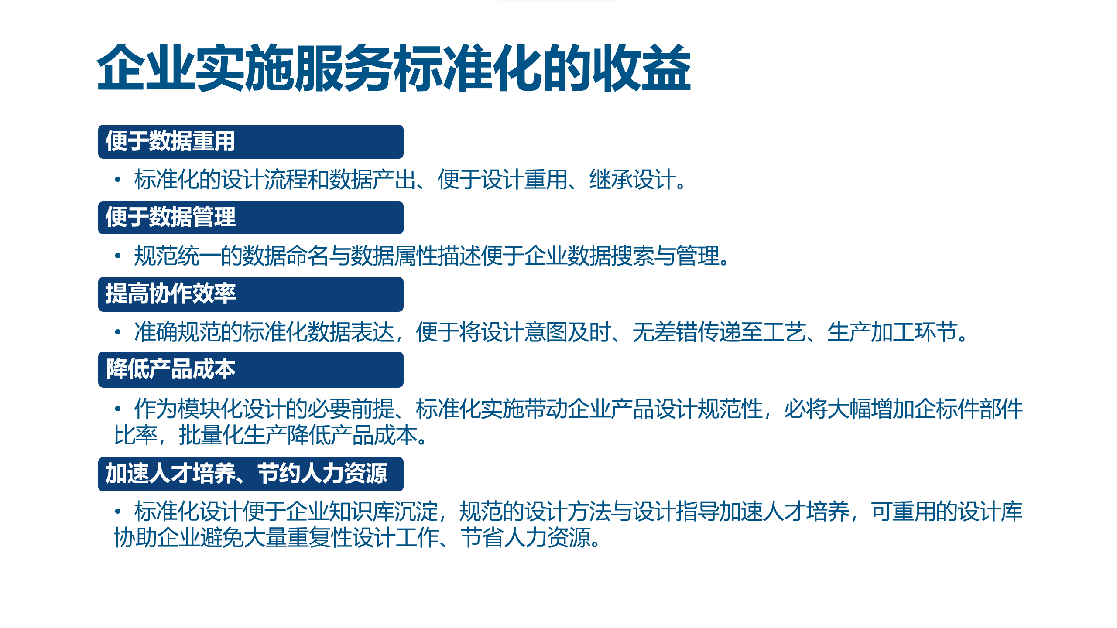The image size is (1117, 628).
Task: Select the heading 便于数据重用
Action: coord(171,141)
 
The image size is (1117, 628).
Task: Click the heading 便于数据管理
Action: coord(171,217)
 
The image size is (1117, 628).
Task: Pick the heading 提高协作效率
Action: coord(171,293)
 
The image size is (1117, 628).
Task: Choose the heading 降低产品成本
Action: coord(171,369)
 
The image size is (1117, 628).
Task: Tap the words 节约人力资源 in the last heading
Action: coord(322,474)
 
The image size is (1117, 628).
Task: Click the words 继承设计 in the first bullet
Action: coord(633,180)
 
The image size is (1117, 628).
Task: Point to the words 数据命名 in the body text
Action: coord(285,256)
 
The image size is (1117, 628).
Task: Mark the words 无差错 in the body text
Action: coord(665,332)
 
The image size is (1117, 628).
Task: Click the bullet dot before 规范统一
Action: coord(117,256)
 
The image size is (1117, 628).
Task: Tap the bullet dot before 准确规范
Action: coord(117,332)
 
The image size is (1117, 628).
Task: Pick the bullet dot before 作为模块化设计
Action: coord(117,409)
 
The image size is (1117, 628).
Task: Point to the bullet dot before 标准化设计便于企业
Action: coord(117,511)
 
